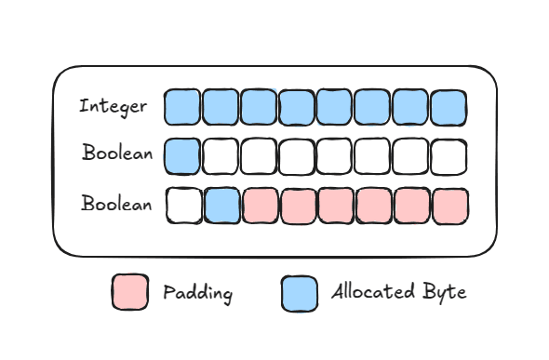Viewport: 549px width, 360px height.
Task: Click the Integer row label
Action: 113,106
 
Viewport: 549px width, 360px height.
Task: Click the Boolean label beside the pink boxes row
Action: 116,204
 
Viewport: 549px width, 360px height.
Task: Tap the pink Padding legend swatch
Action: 129,293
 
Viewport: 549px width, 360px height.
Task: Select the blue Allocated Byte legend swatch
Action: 300,293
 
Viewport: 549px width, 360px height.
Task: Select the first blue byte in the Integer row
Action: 182,107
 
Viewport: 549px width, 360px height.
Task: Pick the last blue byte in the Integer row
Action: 449,107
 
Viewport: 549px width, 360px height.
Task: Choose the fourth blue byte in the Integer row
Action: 296,107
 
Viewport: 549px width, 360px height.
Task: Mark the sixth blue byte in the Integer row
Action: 372,107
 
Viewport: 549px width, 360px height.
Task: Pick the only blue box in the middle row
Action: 182,155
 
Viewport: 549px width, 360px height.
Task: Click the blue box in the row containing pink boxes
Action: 221,206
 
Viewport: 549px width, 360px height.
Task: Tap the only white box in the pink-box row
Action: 183,206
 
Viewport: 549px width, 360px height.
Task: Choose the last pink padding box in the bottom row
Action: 449,206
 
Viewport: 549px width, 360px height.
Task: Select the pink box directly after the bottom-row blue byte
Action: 260,206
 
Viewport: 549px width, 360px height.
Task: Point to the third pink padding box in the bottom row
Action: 336,206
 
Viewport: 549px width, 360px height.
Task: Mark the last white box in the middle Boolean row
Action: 449,155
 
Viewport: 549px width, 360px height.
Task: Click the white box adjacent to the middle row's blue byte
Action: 221,155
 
